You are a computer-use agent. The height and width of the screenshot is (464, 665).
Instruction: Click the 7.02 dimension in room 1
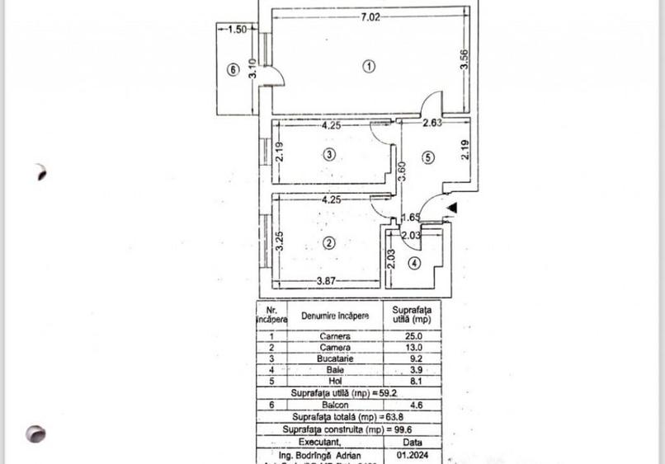tap(369, 16)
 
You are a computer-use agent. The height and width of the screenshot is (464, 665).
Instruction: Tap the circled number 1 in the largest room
tap(369, 67)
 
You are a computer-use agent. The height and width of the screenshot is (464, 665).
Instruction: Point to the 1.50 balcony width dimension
tap(237, 29)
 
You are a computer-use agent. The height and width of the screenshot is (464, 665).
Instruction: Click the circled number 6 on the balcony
tap(233, 71)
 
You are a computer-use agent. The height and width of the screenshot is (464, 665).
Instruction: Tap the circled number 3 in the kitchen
tap(329, 154)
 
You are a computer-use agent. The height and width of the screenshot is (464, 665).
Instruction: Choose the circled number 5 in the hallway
tap(428, 158)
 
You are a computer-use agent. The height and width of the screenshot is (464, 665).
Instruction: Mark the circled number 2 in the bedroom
tap(329, 242)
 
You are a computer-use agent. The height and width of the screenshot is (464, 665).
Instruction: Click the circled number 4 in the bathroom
tap(415, 264)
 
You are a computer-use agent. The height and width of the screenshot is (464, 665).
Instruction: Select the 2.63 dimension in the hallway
tap(432, 124)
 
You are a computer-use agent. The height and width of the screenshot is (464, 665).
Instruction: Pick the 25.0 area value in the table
tap(412, 336)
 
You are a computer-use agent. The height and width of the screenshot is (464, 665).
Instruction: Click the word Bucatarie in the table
tap(334, 359)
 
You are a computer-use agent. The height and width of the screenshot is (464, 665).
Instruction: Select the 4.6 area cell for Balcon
tap(412, 405)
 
